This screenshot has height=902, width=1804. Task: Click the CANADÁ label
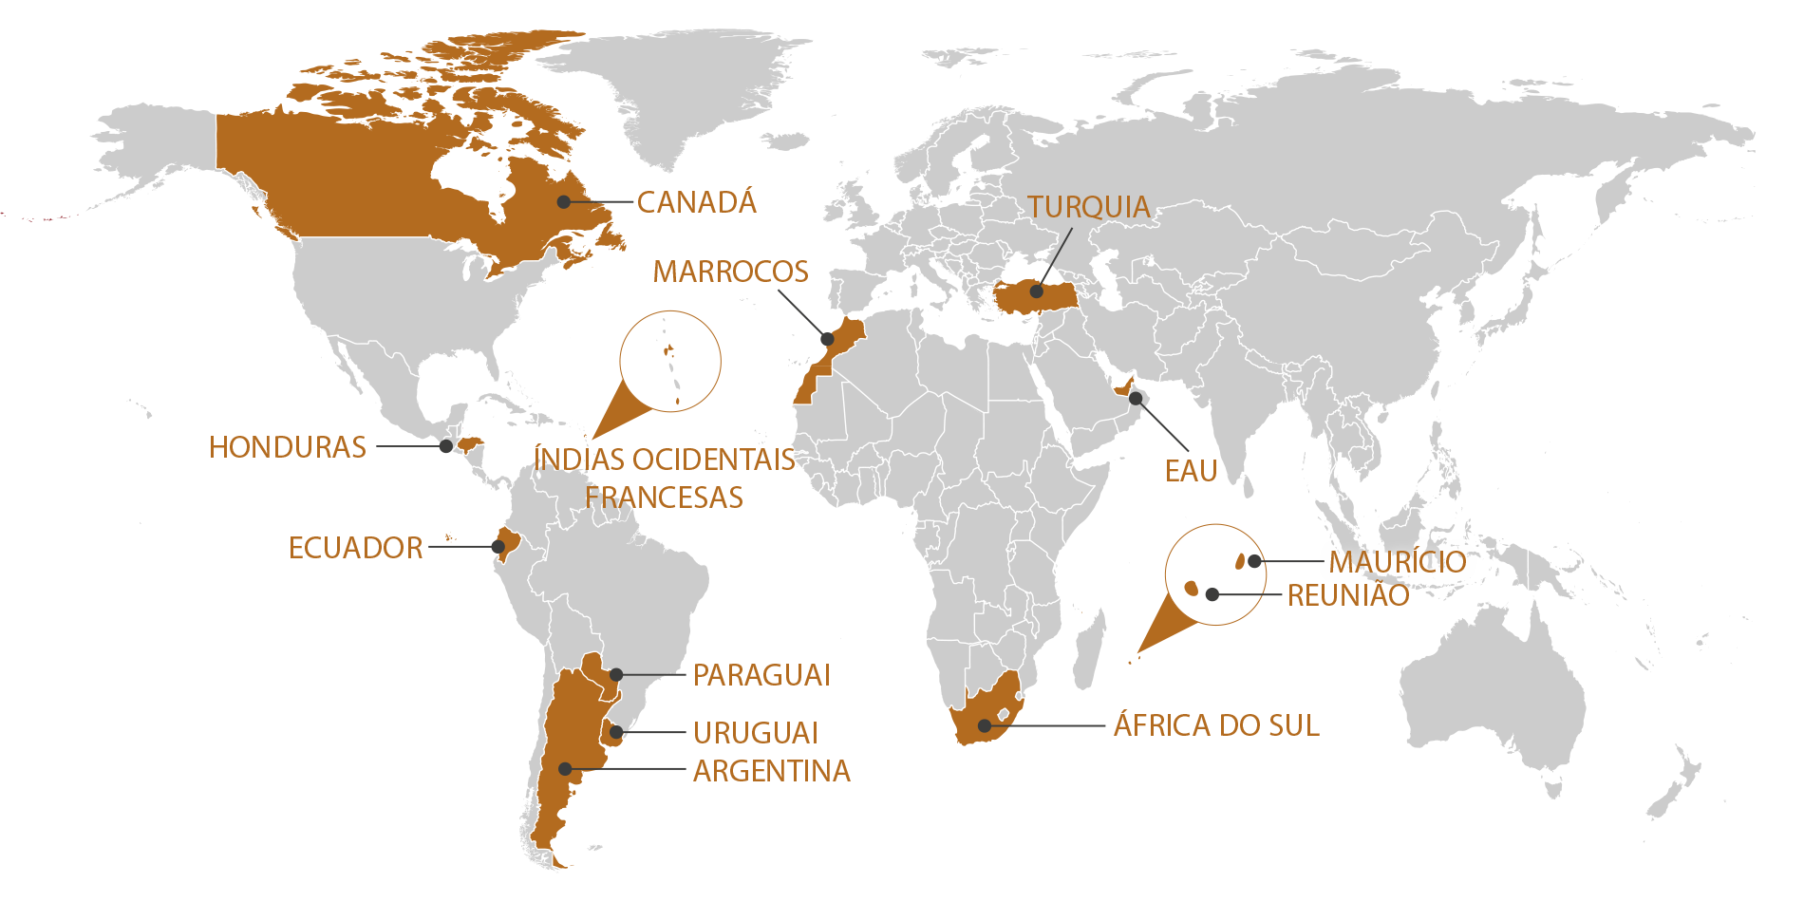coord(696,202)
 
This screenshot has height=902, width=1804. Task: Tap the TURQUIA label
coord(1088,207)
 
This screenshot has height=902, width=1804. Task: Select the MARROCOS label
coord(730,272)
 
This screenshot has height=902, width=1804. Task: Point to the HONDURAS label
coord(287,447)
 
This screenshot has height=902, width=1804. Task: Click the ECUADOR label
coord(355,548)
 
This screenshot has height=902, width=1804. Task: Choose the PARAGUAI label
coord(761,675)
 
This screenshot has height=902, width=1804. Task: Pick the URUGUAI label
coord(755,733)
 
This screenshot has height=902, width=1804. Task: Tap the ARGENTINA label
coord(771,771)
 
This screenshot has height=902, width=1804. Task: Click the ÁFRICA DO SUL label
coord(1216,725)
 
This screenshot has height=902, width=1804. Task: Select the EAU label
coord(1191,471)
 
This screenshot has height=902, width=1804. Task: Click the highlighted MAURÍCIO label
coord(1397,562)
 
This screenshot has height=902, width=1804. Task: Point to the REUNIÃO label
coord(1348,595)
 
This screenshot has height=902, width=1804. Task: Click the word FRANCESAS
coord(664,498)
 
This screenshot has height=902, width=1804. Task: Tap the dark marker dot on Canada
coord(564,201)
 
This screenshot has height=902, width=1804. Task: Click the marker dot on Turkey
coord(1037,291)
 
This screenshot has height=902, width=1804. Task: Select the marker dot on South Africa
coord(985,725)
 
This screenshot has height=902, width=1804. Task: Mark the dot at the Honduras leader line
coord(445,446)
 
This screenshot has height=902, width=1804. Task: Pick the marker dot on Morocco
coord(827,339)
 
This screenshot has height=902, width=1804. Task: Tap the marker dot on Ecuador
coord(498,547)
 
